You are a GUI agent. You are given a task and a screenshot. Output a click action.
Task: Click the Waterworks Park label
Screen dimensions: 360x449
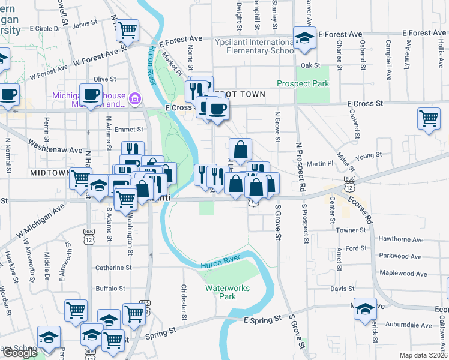pyautogui.click(x=222, y=292)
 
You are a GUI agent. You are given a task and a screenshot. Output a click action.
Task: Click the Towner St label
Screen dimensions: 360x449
pyautogui.click(x=351, y=230)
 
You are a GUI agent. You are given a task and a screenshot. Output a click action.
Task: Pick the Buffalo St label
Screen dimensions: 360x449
pyautogui.click(x=110, y=288)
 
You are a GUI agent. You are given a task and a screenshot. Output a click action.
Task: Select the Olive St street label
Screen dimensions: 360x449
pyautogui.click(x=104, y=79)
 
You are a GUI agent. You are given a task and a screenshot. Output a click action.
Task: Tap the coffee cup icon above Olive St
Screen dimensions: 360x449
pyautogui.click(x=91, y=94)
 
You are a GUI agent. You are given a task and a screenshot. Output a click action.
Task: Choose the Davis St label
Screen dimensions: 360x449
pyautogui.click(x=342, y=289)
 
